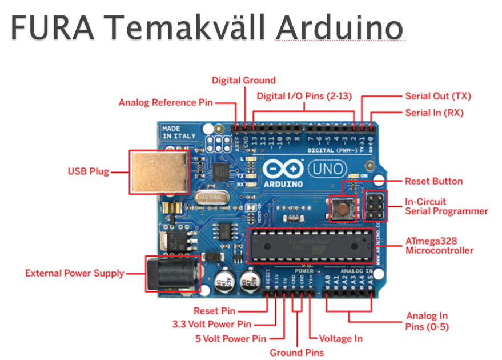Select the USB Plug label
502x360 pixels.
click(x=89, y=171)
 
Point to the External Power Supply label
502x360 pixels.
click(x=74, y=274)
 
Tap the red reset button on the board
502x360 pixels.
click(x=342, y=208)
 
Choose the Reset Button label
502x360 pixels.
click(x=433, y=182)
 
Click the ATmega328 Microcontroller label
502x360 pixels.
click(x=439, y=246)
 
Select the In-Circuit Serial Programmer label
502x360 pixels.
click(x=446, y=206)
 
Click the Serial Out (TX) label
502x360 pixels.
click(x=438, y=97)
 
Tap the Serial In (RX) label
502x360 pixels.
click(x=434, y=113)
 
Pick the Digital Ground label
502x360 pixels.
click(x=243, y=81)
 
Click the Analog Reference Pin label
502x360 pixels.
click(x=165, y=103)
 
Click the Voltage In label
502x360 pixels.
click(x=340, y=338)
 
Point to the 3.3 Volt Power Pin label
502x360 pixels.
click(x=212, y=325)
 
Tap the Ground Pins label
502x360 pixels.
click(x=296, y=352)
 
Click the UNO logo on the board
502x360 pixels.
click(x=326, y=169)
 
